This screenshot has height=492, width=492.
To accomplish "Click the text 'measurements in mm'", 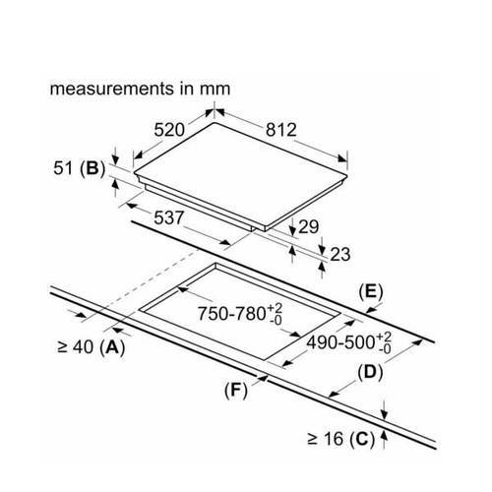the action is pos(140,89).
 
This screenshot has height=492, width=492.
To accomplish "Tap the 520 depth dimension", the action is pos(169,130).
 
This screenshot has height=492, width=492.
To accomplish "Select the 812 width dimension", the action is pos(281,130).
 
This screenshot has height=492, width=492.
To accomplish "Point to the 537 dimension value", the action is pos(169,217).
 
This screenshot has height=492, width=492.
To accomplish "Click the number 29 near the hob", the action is pos(308,226).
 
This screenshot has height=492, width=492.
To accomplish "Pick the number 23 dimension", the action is pos(340,254).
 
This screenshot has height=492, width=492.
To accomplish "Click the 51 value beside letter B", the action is pos(63,168).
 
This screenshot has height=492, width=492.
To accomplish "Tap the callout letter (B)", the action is pos(92,168).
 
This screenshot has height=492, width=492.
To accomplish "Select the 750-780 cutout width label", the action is pos(240,313).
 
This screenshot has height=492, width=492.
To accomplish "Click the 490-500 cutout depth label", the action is pos(348,342).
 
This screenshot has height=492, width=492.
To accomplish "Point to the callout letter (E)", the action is pos(371,292).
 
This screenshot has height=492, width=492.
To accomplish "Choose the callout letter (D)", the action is pos(370,373).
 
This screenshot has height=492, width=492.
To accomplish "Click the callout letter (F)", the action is pos(236,391).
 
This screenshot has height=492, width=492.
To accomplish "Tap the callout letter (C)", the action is pos(362,439).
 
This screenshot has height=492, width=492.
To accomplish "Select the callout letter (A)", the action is pos(113,347).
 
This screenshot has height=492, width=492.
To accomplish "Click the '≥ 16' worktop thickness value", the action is pos(326,439).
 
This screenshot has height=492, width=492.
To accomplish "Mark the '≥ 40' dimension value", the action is pos(75,347).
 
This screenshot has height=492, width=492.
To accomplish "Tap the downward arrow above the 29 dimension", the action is pos(292,225).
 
